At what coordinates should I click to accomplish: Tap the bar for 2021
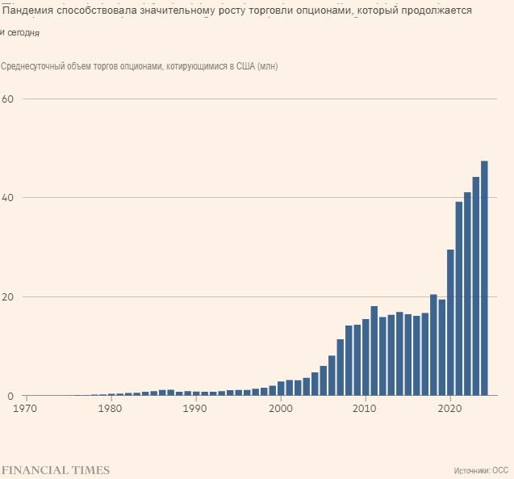(459, 299)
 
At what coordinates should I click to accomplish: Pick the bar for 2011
(374, 351)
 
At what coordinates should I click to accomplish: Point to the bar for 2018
(433, 346)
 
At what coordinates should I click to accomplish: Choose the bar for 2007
(341, 368)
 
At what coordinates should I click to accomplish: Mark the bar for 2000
(281, 389)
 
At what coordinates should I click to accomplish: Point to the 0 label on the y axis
(11, 397)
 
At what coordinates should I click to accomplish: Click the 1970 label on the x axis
(27, 409)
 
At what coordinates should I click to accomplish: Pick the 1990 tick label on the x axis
(196, 409)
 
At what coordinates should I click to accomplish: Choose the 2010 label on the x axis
(366, 409)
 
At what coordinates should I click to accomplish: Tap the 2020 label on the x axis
(450, 409)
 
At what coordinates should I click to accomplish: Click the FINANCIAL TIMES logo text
(55, 469)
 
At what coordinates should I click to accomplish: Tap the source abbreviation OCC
(500, 469)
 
